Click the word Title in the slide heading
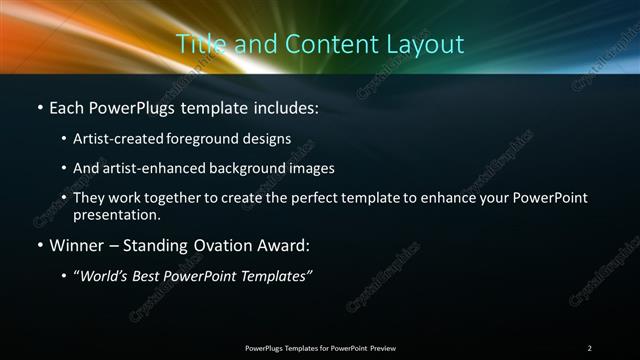click(198, 44)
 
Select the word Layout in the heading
click(427, 44)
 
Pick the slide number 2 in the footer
click(589, 348)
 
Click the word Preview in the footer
click(382, 348)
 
